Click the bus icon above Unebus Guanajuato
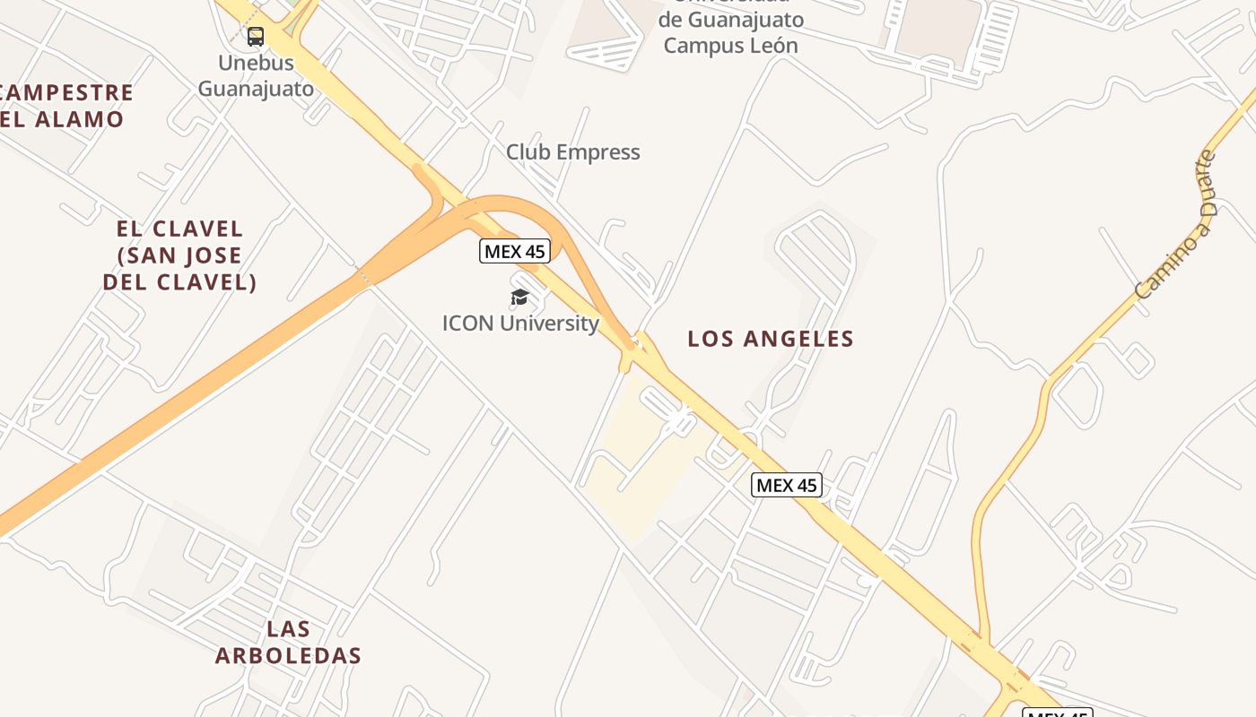pyautogui.click(x=256, y=37)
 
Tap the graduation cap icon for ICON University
pyautogui.click(x=519, y=297)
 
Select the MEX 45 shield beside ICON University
pyautogui.click(x=514, y=251)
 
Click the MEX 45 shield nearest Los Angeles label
pyautogui.click(x=786, y=485)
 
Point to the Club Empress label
pyautogui.click(x=572, y=152)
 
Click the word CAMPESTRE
pyautogui.click(x=67, y=93)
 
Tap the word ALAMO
pyautogui.click(x=79, y=119)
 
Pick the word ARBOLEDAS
pyautogui.click(x=288, y=655)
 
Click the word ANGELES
pyautogui.click(x=797, y=339)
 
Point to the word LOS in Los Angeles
pyautogui.click(x=708, y=339)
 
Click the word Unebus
pyautogui.click(x=256, y=63)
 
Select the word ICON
pyautogui.click(x=467, y=323)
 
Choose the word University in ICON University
pyautogui.click(x=549, y=323)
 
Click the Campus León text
pyautogui.click(x=730, y=45)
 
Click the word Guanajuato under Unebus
pyautogui.click(x=256, y=89)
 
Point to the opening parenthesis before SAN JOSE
pyautogui.click(x=121, y=255)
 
